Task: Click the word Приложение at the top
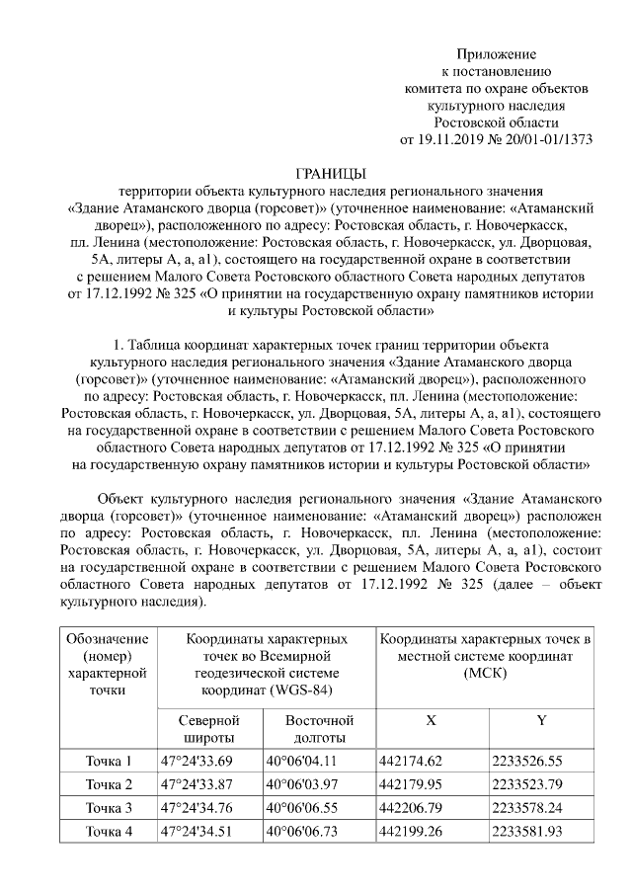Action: click(x=496, y=52)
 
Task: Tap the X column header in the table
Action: click(x=431, y=721)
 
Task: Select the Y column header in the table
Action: click(x=541, y=721)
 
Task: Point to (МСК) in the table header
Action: click(x=486, y=672)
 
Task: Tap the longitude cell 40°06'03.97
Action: click(x=301, y=784)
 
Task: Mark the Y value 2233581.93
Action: click(x=527, y=832)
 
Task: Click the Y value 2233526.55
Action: click(x=527, y=761)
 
